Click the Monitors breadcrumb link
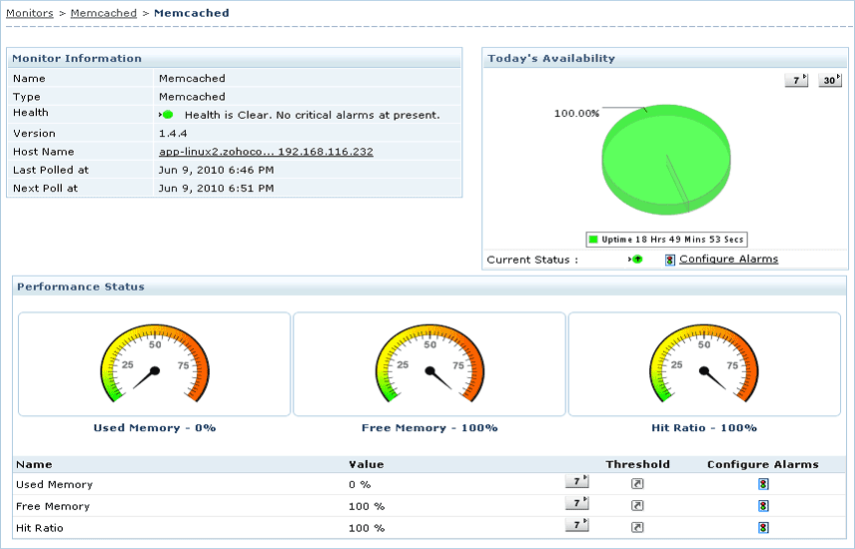click(30, 13)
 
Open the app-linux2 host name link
click(266, 152)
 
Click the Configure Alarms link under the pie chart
click(728, 260)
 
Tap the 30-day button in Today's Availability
click(830, 80)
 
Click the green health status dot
click(168, 115)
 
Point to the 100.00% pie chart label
click(576, 114)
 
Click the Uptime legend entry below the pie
click(667, 240)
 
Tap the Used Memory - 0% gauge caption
click(155, 428)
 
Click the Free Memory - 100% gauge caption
click(429, 428)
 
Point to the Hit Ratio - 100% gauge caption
click(704, 428)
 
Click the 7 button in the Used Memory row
click(576, 481)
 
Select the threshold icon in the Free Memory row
click(637, 506)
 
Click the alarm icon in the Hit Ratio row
click(763, 528)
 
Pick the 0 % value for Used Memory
click(360, 485)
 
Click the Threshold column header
click(637, 464)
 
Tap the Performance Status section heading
click(81, 287)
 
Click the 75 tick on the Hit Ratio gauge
click(732, 365)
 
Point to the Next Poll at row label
click(45, 188)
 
